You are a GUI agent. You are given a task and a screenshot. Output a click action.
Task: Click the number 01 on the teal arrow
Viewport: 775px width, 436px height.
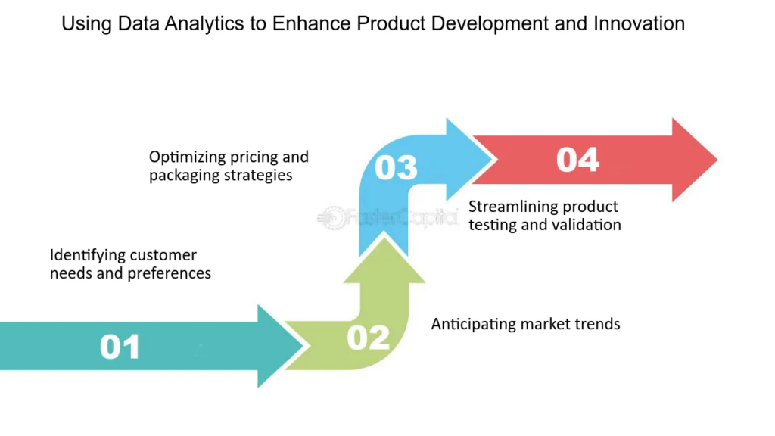pos(120,347)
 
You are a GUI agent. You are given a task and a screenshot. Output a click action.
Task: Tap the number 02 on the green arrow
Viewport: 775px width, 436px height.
pos(368,338)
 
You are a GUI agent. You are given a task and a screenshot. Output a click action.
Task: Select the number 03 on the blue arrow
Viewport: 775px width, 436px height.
pos(396,167)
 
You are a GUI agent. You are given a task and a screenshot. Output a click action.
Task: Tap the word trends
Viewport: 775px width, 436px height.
pos(597,324)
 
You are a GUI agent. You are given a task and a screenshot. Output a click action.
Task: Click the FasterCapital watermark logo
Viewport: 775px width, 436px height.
pos(387,217)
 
